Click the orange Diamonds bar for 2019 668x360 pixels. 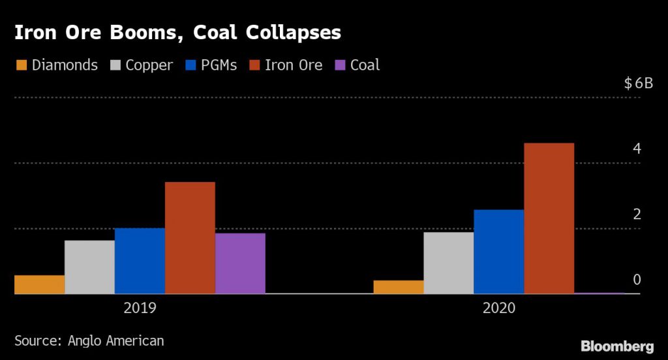[39, 284]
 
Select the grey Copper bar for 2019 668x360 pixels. [89, 267]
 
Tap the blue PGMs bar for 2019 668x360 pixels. [140, 261]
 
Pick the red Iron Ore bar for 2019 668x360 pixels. [190, 238]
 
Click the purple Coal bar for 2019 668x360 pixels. [240, 263]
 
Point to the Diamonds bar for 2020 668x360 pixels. [399, 287]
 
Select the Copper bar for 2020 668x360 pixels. [449, 263]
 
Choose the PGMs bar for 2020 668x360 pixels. [499, 252]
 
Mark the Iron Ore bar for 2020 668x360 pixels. [549, 218]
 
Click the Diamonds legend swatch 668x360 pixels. [22, 65]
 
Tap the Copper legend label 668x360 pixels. [149, 65]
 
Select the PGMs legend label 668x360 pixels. [219, 65]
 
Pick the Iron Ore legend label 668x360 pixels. [294, 65]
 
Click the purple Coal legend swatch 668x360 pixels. [340, 65]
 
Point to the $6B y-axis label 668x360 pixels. [638, 83]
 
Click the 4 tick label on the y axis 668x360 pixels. [637, 149]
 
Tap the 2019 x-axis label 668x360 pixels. [140, 308]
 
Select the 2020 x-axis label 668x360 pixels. [499, 308]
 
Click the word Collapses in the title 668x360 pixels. [288, 33]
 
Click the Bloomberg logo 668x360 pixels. [617, 346]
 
